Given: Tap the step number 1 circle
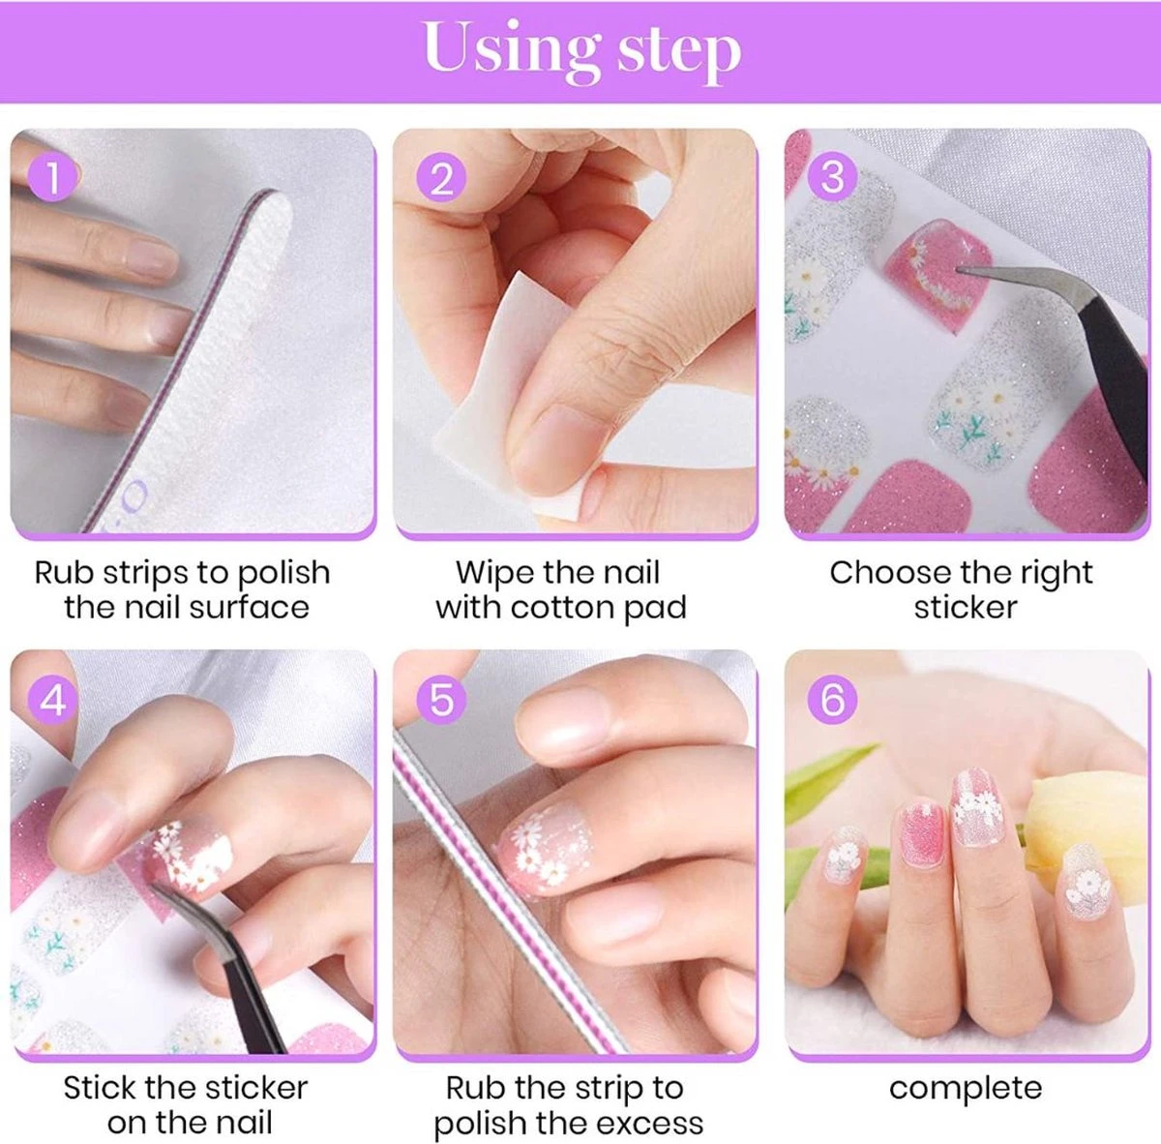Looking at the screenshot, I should [x=53, y=179].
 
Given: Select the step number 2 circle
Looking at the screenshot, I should [x=441, y=179].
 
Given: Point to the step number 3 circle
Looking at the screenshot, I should [x=832, y=177].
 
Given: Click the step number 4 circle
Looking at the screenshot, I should [x=53, y=699].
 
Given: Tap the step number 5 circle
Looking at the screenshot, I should [x=441, y=699].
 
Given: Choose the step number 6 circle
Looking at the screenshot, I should [x=832, y=699].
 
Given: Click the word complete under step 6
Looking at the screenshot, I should [x=966, y=1088].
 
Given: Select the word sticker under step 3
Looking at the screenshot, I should [x=966, y=608].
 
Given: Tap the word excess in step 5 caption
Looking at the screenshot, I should [x=648, y=1124].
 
